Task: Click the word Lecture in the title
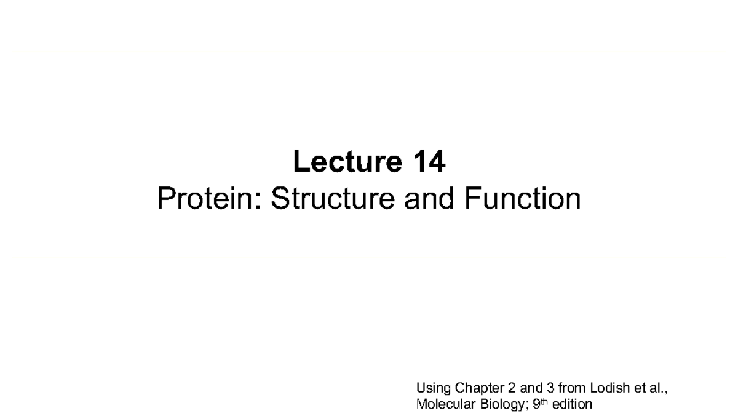(x=347, y=161)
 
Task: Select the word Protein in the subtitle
(x=205, y=198)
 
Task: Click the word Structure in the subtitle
(x=333, y=198)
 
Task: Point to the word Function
(x=523, y=198)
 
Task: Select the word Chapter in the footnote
(x=480, y=388)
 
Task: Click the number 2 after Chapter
(x=512, y=388)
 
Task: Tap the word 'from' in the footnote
(x=572, y=388)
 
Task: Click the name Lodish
(x=610, y=388)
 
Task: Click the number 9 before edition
(x=536, y=404)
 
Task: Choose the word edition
(x=572, y=404)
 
